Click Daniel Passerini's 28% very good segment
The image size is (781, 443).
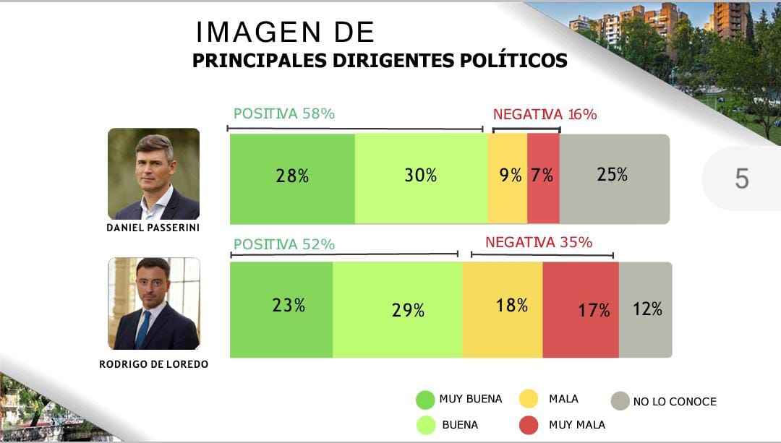pyautogui.click(x=292, y=179)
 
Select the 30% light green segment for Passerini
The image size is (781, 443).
pyautogui.click(x=421, y=179)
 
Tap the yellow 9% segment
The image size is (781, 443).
pyautogui.click(x=507, y=179)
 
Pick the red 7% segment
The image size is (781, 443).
pyautogui.click(x=543, y=179)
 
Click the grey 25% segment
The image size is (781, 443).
pyautogui.click(x=613, y=179)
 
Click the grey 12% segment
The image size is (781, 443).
pyautogui.click(x=646, y=309)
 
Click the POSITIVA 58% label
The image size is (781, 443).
pyautogui.click(x=283, y=113)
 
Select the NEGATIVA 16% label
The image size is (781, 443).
pyautogui.click(x=545, y=114)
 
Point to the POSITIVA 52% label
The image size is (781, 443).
pyautogui.click(x=283, y=244)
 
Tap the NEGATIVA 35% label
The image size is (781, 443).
pyautogui.click(x=539, y=242)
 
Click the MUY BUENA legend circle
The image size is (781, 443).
pyautogui.click(x=425, y=400)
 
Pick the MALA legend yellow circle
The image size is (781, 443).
pyautogui.click(x=529, y=399)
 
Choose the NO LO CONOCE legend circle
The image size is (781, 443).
pyautogui.click(x=620, y=401)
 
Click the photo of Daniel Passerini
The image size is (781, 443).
pyautogui.click(x=153, y=173)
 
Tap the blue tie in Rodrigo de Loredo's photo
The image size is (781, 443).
pyautogui.click(x=143, y=328)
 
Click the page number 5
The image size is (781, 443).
pyautogui.click(x=741, y=179)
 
